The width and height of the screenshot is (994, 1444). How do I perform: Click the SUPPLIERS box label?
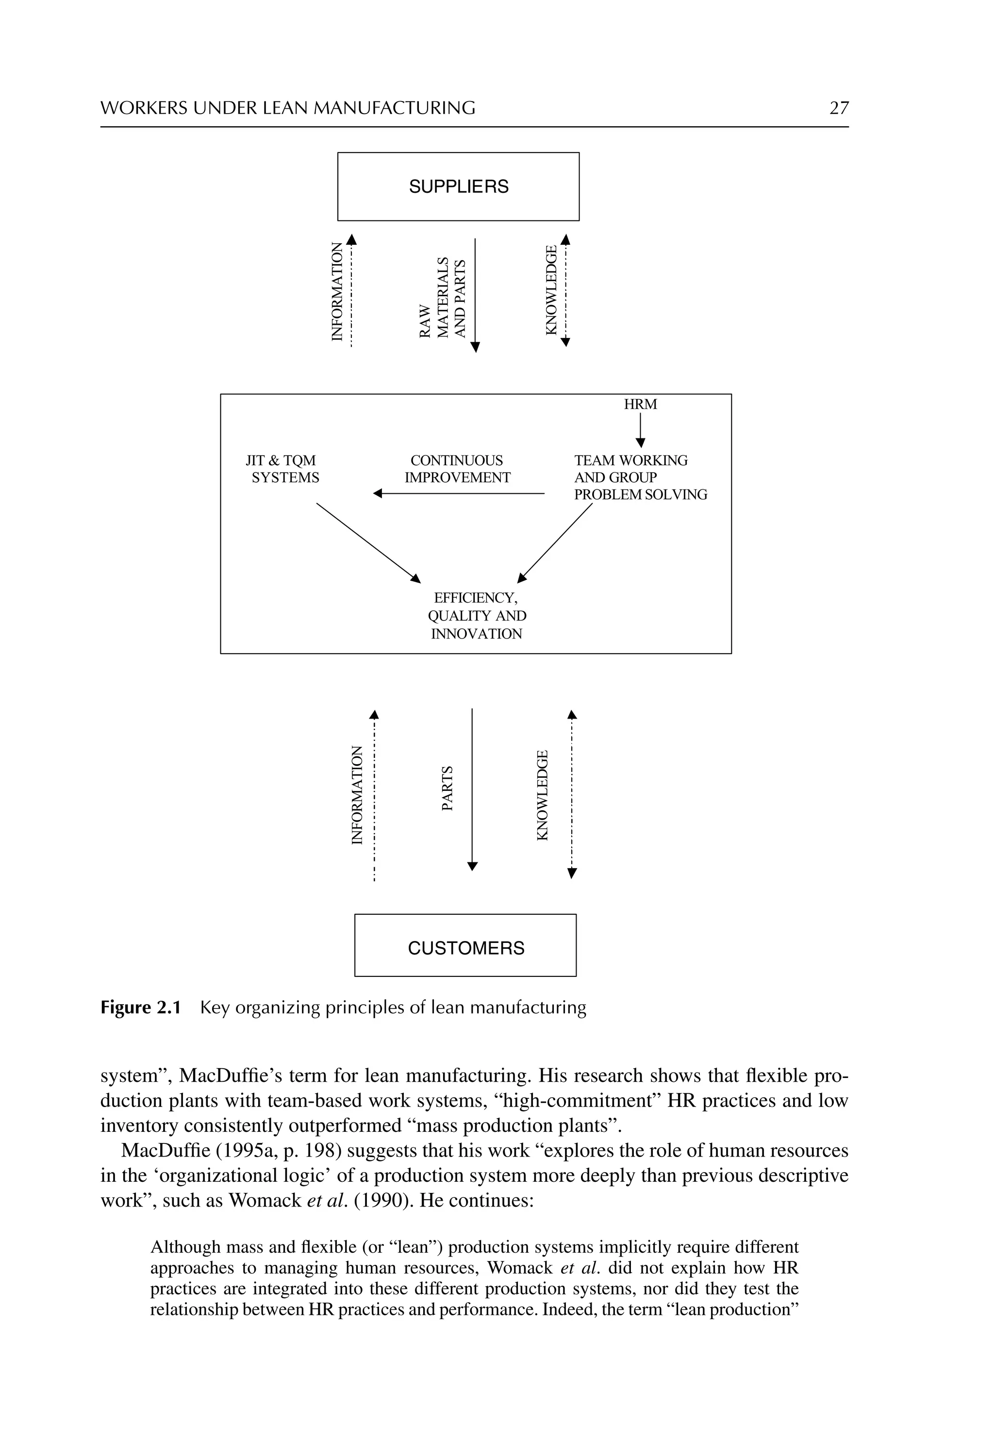[458, 186]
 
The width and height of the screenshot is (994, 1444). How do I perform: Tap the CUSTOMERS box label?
[466, 948]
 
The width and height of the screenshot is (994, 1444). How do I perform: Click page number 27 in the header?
[838, 108]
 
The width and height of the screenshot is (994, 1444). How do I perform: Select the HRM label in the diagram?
[640, 404]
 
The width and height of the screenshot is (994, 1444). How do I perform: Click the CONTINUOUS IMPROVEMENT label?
[457, 469]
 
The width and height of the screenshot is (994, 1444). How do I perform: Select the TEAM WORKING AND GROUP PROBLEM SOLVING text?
[640, 477]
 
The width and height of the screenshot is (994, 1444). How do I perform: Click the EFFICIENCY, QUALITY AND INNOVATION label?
[477, 616]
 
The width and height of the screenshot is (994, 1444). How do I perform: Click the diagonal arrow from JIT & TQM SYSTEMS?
[368, 542]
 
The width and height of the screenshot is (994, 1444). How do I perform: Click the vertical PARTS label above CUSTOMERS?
[447, 788]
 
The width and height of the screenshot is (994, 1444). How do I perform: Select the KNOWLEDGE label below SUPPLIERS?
[551, 290]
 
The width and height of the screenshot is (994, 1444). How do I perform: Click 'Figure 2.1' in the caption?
[140, 1007]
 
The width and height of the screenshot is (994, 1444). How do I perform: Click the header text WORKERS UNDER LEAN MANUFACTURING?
[288, 108]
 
